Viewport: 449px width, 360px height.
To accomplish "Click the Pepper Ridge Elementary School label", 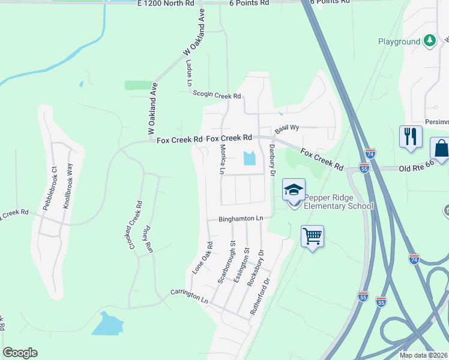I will (x=339, y=202).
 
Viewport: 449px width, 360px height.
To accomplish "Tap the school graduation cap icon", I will (x=294, y=190).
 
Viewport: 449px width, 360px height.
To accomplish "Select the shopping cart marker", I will (x=312, y=236).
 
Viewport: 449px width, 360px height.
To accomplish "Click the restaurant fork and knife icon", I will (x=411, y=136).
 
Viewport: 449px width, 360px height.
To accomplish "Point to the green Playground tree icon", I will (x=429, y=41).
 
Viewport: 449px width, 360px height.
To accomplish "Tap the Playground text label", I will (x=399, y=41).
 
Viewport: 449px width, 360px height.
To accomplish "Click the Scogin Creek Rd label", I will (x=217, y=94).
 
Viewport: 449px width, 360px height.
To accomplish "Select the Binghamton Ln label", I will (x=241, y=220).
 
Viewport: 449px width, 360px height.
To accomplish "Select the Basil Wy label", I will (x=287, y=128).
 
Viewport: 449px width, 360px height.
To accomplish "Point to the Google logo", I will (x=20, y=353).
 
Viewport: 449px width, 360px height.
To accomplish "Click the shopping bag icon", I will (x=440, y=148).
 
